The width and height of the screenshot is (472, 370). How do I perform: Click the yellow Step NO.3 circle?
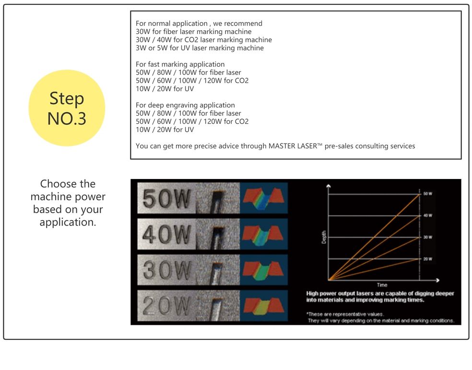(x=67, y=108)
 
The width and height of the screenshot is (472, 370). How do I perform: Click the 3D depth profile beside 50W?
(x=264, y=198)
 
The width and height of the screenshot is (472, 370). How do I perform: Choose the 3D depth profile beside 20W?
(x=264, y=306)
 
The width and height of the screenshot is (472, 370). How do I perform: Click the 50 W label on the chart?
(x=427, y=193)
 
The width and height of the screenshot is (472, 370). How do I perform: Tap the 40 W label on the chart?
(x=427, y=215)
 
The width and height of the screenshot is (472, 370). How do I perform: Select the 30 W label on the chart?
(x=427, y=237)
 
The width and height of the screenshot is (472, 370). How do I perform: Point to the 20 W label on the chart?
(x=427, y=259)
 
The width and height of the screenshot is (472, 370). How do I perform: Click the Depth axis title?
(x=324, y=237)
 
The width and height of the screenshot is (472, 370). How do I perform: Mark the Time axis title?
(x=382, y=285)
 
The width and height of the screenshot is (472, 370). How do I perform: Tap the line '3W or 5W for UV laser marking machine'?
(x=200, y=48)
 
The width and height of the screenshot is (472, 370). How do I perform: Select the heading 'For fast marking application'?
(x=180, y=64)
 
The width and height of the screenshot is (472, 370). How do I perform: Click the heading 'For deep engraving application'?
(x=185, y=105)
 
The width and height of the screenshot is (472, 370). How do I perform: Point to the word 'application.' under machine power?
(x=68, y=222)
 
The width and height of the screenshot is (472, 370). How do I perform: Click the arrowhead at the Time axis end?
(x=437, y=280)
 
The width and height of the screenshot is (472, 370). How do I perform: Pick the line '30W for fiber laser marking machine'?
(x=194, y=32)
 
